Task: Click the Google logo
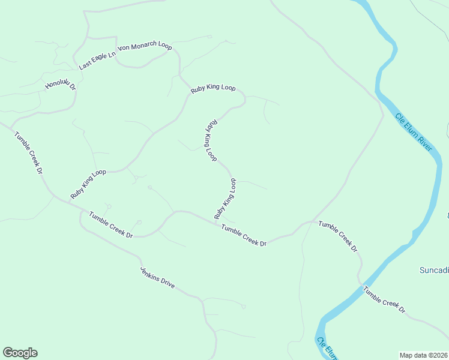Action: (x=20, y=353)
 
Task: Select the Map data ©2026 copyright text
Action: (x=423, y=355)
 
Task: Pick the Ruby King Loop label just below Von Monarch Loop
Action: (x=213, y=88)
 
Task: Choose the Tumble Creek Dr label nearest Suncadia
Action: (x=384, y=299)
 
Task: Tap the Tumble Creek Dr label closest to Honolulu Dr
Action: (x=29, y=154)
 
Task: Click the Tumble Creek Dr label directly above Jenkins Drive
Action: (x=111, y=225)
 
